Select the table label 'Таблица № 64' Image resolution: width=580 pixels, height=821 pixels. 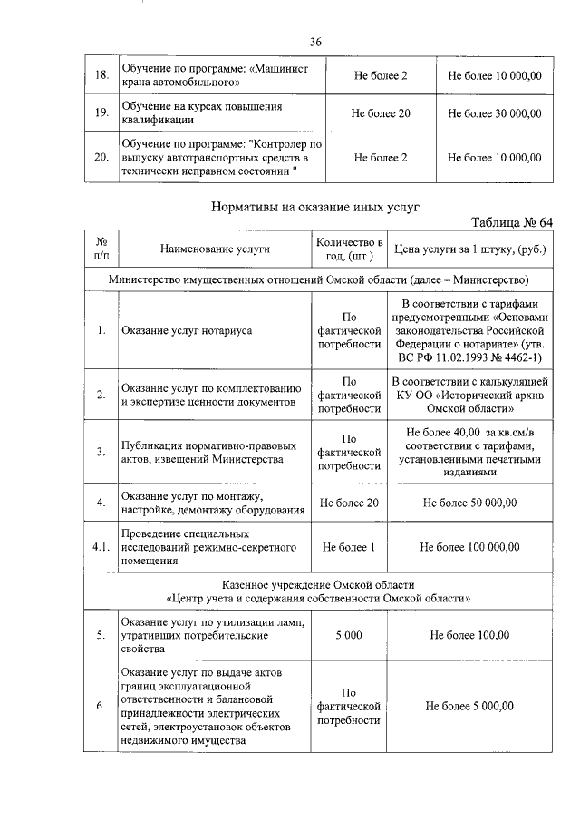click(x=512, y=223)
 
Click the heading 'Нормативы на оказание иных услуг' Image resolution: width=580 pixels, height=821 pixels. click(x=315, y=207)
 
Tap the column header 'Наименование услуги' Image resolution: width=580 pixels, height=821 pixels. click(x=215, y=249)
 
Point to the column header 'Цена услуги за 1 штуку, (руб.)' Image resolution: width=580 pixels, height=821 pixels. click(x=469, y=249)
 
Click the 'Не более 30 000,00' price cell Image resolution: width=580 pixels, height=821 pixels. click(x=495, y=113)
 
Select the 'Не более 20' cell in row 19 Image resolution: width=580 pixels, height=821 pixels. click(x=381, y=113)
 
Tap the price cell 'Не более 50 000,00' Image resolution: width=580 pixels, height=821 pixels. click(x=469, y=503)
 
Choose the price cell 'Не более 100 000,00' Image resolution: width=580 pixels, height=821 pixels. click(x=469, y=547)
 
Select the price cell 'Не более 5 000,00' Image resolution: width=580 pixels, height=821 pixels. click(x=469, y=706)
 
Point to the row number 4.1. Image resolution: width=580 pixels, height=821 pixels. click(x=101, y=547)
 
